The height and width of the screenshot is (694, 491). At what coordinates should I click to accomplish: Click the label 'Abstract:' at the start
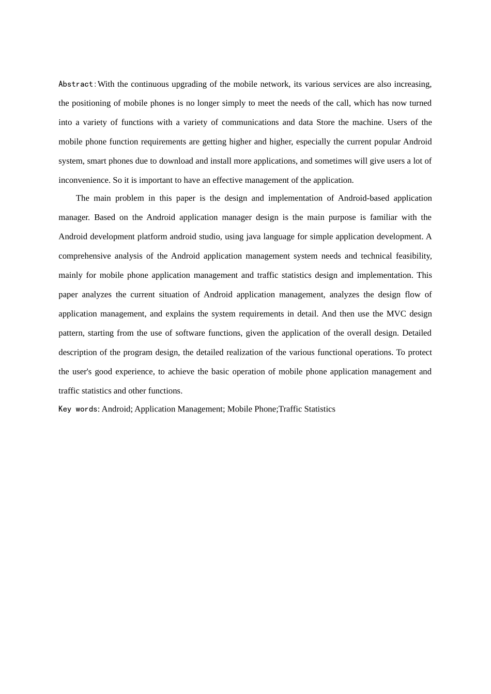coord(77,84)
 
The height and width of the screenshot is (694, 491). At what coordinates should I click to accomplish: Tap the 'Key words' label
coord(78,409)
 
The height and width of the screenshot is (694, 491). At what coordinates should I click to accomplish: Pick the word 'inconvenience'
coord(83,180)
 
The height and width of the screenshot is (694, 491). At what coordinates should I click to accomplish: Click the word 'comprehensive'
coord(85,256)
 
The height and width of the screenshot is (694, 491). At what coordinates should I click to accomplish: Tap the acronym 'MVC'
coord(396,314)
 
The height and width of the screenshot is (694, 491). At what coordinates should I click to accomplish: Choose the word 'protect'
coord(420,353)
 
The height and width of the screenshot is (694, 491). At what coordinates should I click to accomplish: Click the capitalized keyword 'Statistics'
coord(316,409)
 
